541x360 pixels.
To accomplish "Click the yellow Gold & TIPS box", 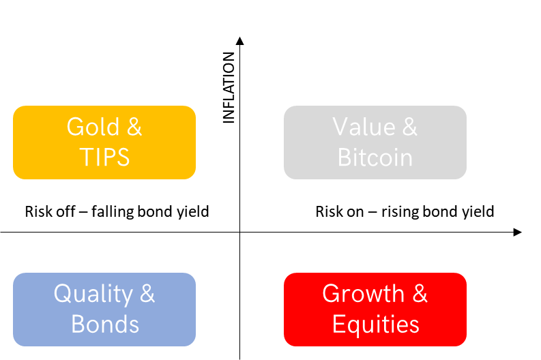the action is [x=104, y=142].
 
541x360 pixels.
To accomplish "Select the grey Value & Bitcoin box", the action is [x=375, y=142].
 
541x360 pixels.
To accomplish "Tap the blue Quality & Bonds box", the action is [x=104, y=310].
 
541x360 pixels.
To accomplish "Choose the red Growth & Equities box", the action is [x=375, y=310].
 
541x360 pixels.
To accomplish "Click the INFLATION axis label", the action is [x=229, y=87].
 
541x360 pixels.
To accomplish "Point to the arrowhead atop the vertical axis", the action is [x=239, y=41].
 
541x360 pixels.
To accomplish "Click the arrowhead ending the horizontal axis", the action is [x=517, y=232].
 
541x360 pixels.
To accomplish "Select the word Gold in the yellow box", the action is [x=93, y=127].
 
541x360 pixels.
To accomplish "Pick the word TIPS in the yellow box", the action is [x=104, y=157].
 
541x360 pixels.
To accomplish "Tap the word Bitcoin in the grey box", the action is [x=375, y=157].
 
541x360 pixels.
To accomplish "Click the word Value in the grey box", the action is [x=364, y=127].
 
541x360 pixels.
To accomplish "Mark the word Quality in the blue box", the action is [x=93, y=295].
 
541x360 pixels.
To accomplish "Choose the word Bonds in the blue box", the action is [x=105, y=324].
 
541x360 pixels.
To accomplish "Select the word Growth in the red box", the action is [x=364, y=294].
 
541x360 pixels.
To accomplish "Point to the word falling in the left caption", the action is [x=113, y=211].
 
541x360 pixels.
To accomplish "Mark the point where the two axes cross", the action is [x=239, y=232].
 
